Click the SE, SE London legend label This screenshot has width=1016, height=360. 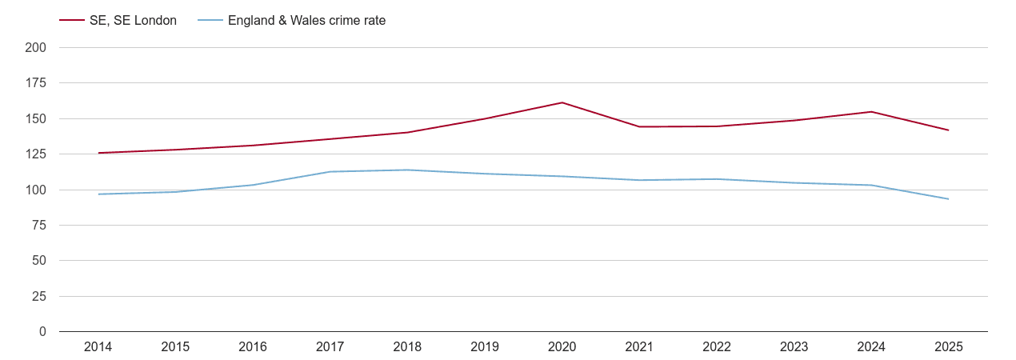(133, 21)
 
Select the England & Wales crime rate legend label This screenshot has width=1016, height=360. (306, 21)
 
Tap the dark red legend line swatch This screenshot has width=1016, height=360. (72, 21)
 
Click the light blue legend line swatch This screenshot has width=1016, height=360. (210, 21)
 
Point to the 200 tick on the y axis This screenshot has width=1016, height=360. (36, 48)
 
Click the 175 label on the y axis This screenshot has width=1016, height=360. (36, 83)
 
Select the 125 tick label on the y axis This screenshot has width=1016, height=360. (36, 154)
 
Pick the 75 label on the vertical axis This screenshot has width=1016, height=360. (39, 226)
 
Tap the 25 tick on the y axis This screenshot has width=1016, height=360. (39, 297)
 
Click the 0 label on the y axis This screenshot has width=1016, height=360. (42, 332)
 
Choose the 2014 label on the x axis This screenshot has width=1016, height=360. (98, 347)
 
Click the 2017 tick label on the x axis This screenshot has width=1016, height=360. (330, 347)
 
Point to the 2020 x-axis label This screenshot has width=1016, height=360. (562, 347)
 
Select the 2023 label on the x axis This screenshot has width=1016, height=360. (794, 347)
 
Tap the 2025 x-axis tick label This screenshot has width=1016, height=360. (948, 347)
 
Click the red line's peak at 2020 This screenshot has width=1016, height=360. (562, 102)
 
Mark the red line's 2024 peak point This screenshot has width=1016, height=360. (871, 112)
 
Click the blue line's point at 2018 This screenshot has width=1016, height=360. (407, 170)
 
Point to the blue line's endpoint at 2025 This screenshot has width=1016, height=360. (948, 199)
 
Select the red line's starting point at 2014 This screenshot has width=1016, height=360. (98, 153)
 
